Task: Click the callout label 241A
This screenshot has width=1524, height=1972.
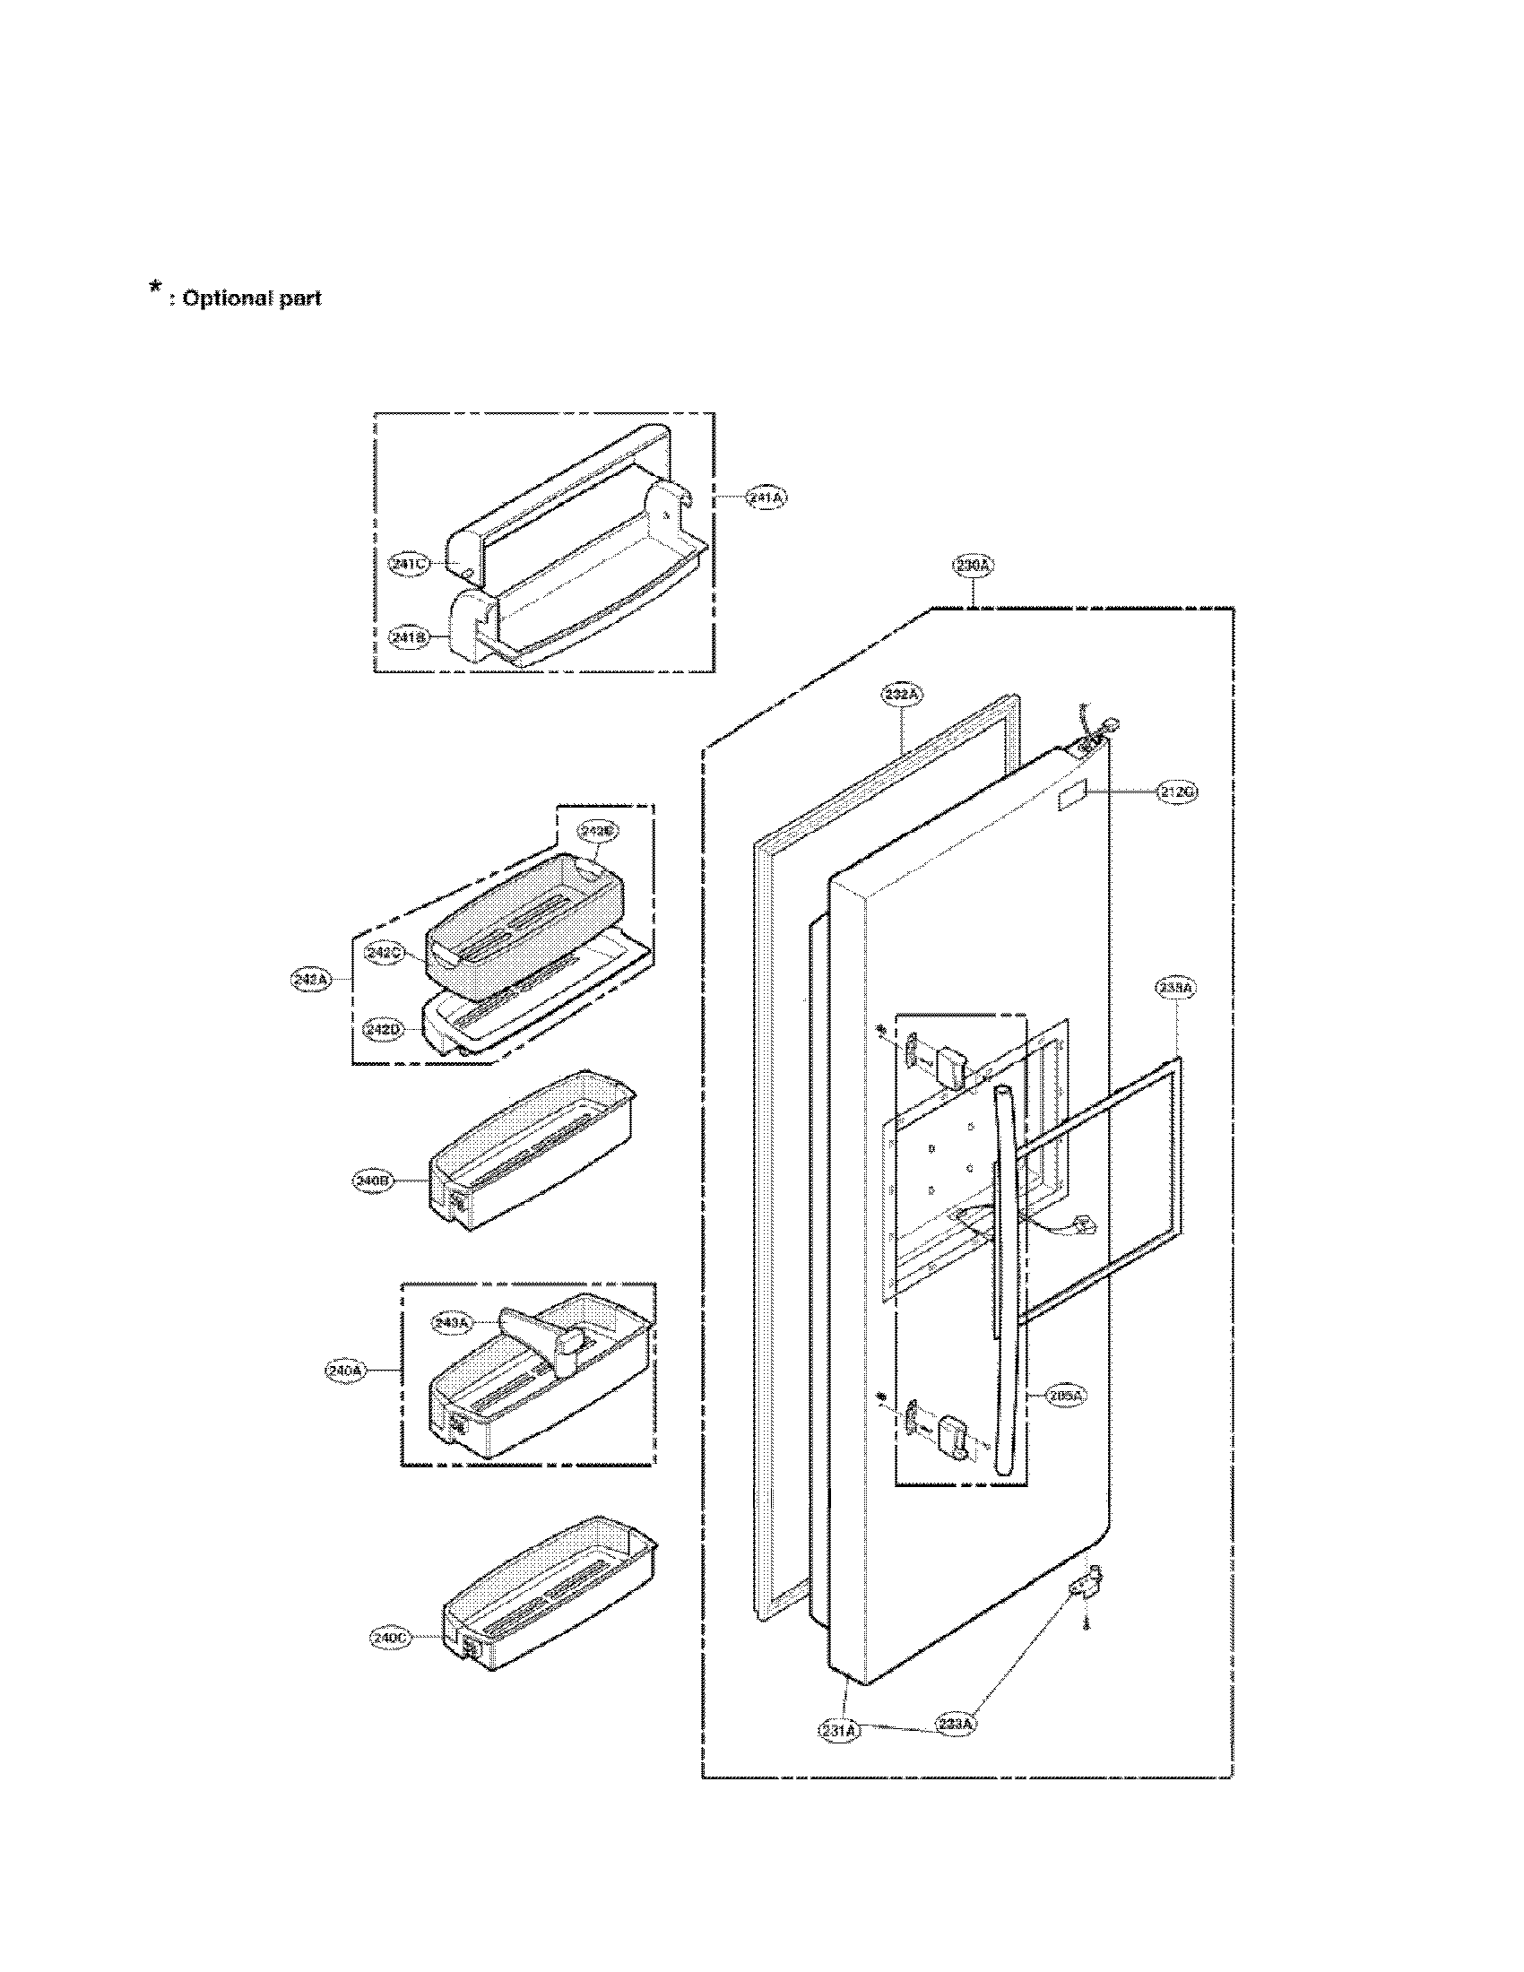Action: click(x=766, y=497)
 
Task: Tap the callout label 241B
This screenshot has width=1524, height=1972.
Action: click(x=408, y=637)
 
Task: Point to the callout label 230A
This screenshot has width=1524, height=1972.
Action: click(x=974, y=567)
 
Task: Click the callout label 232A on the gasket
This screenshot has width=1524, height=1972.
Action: click(x=902, y=695)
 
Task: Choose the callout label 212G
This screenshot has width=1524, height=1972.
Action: click(x=1178, y=791)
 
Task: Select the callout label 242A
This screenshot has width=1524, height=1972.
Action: click(x=310, y=978)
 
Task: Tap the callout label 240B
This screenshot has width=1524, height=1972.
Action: click(x=373, y=1181)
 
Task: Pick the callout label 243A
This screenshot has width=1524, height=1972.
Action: click(x=452, y=1323)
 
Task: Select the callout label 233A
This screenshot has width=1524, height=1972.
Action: click(x=956, y=1724)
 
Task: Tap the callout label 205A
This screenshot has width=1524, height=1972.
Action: click(x=1066, y=1395)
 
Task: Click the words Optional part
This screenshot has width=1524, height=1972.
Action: click(x=252, y=298)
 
